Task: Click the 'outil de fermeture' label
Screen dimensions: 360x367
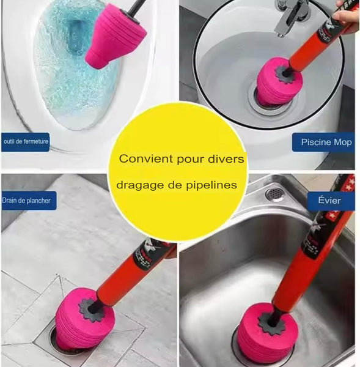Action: (x=25, y=142)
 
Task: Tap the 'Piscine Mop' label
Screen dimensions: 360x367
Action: (x=326, y=142)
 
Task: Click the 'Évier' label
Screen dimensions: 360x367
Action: (x=329, y=201)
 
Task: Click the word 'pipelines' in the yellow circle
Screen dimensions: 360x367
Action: (x=211, y=185)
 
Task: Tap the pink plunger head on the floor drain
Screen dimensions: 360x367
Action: (x=84, y=319)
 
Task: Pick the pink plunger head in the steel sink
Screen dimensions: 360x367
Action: (x=268, y=332)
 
